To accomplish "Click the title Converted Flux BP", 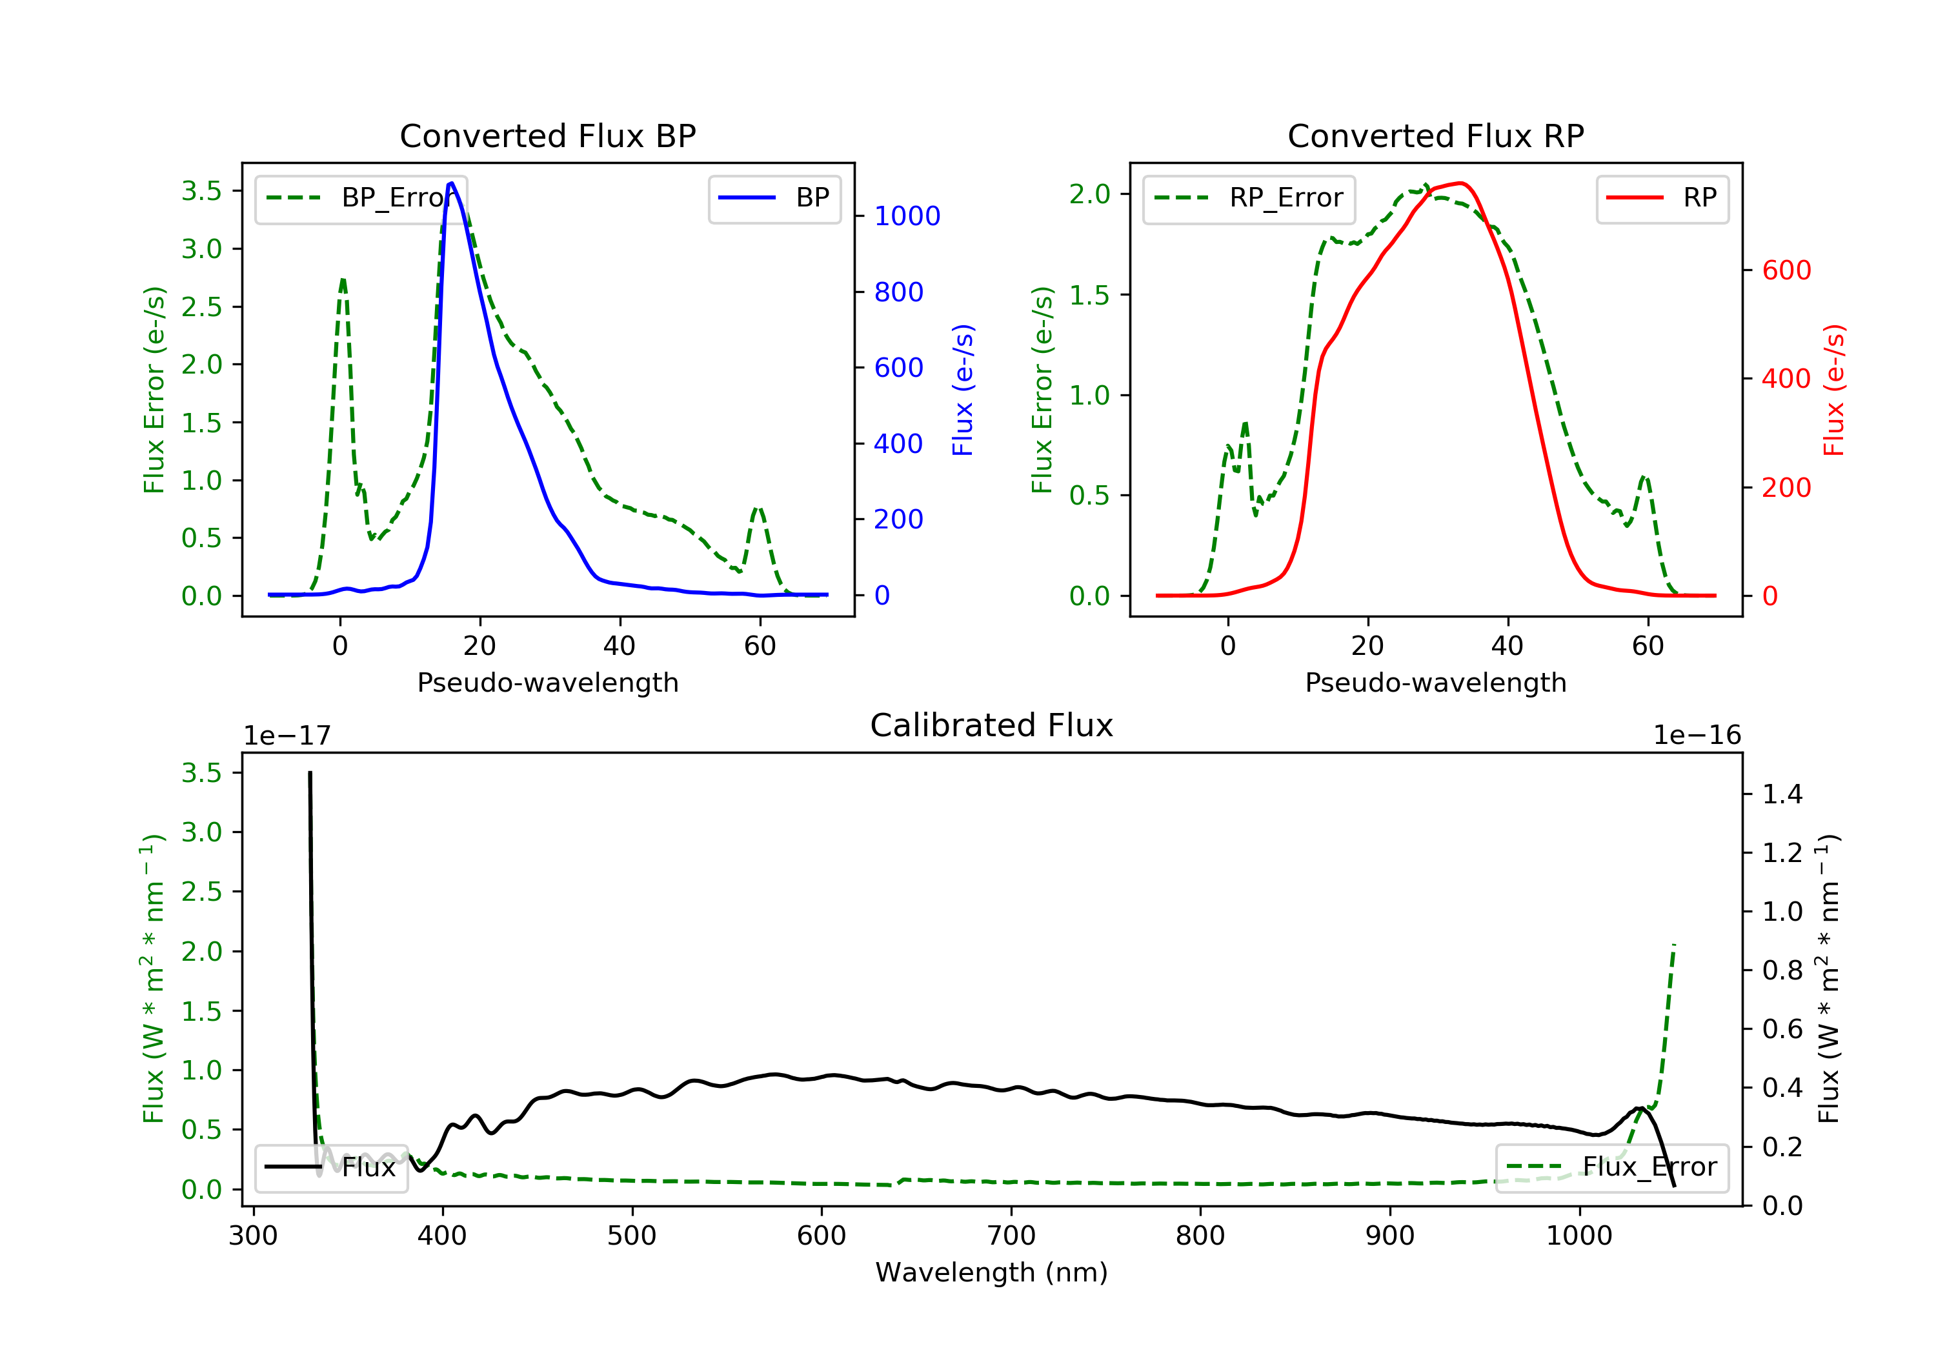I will tap(547, 135).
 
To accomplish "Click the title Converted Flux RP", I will tap(1435, 135).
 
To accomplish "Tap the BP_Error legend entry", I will tap(361, 198).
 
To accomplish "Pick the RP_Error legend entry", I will tap(1249, 198).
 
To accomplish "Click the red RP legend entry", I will tap(1662, 198).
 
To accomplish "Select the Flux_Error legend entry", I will tap(1611, 1167).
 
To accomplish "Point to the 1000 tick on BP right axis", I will tap(907, 217).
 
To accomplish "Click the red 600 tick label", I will tap(1786, 270).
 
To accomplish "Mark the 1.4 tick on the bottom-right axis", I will tap(1782, 794).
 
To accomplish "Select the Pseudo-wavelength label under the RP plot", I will tap(1435, 683).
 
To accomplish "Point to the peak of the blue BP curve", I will tap(451, 183).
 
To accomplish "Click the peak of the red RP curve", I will tap(1460, 183).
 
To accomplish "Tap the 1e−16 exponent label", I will tap(1697, 736).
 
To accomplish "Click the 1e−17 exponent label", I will tap(287, 736).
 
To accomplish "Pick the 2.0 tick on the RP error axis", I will tap(1089, 195).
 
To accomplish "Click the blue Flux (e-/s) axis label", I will tap(963, 390).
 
